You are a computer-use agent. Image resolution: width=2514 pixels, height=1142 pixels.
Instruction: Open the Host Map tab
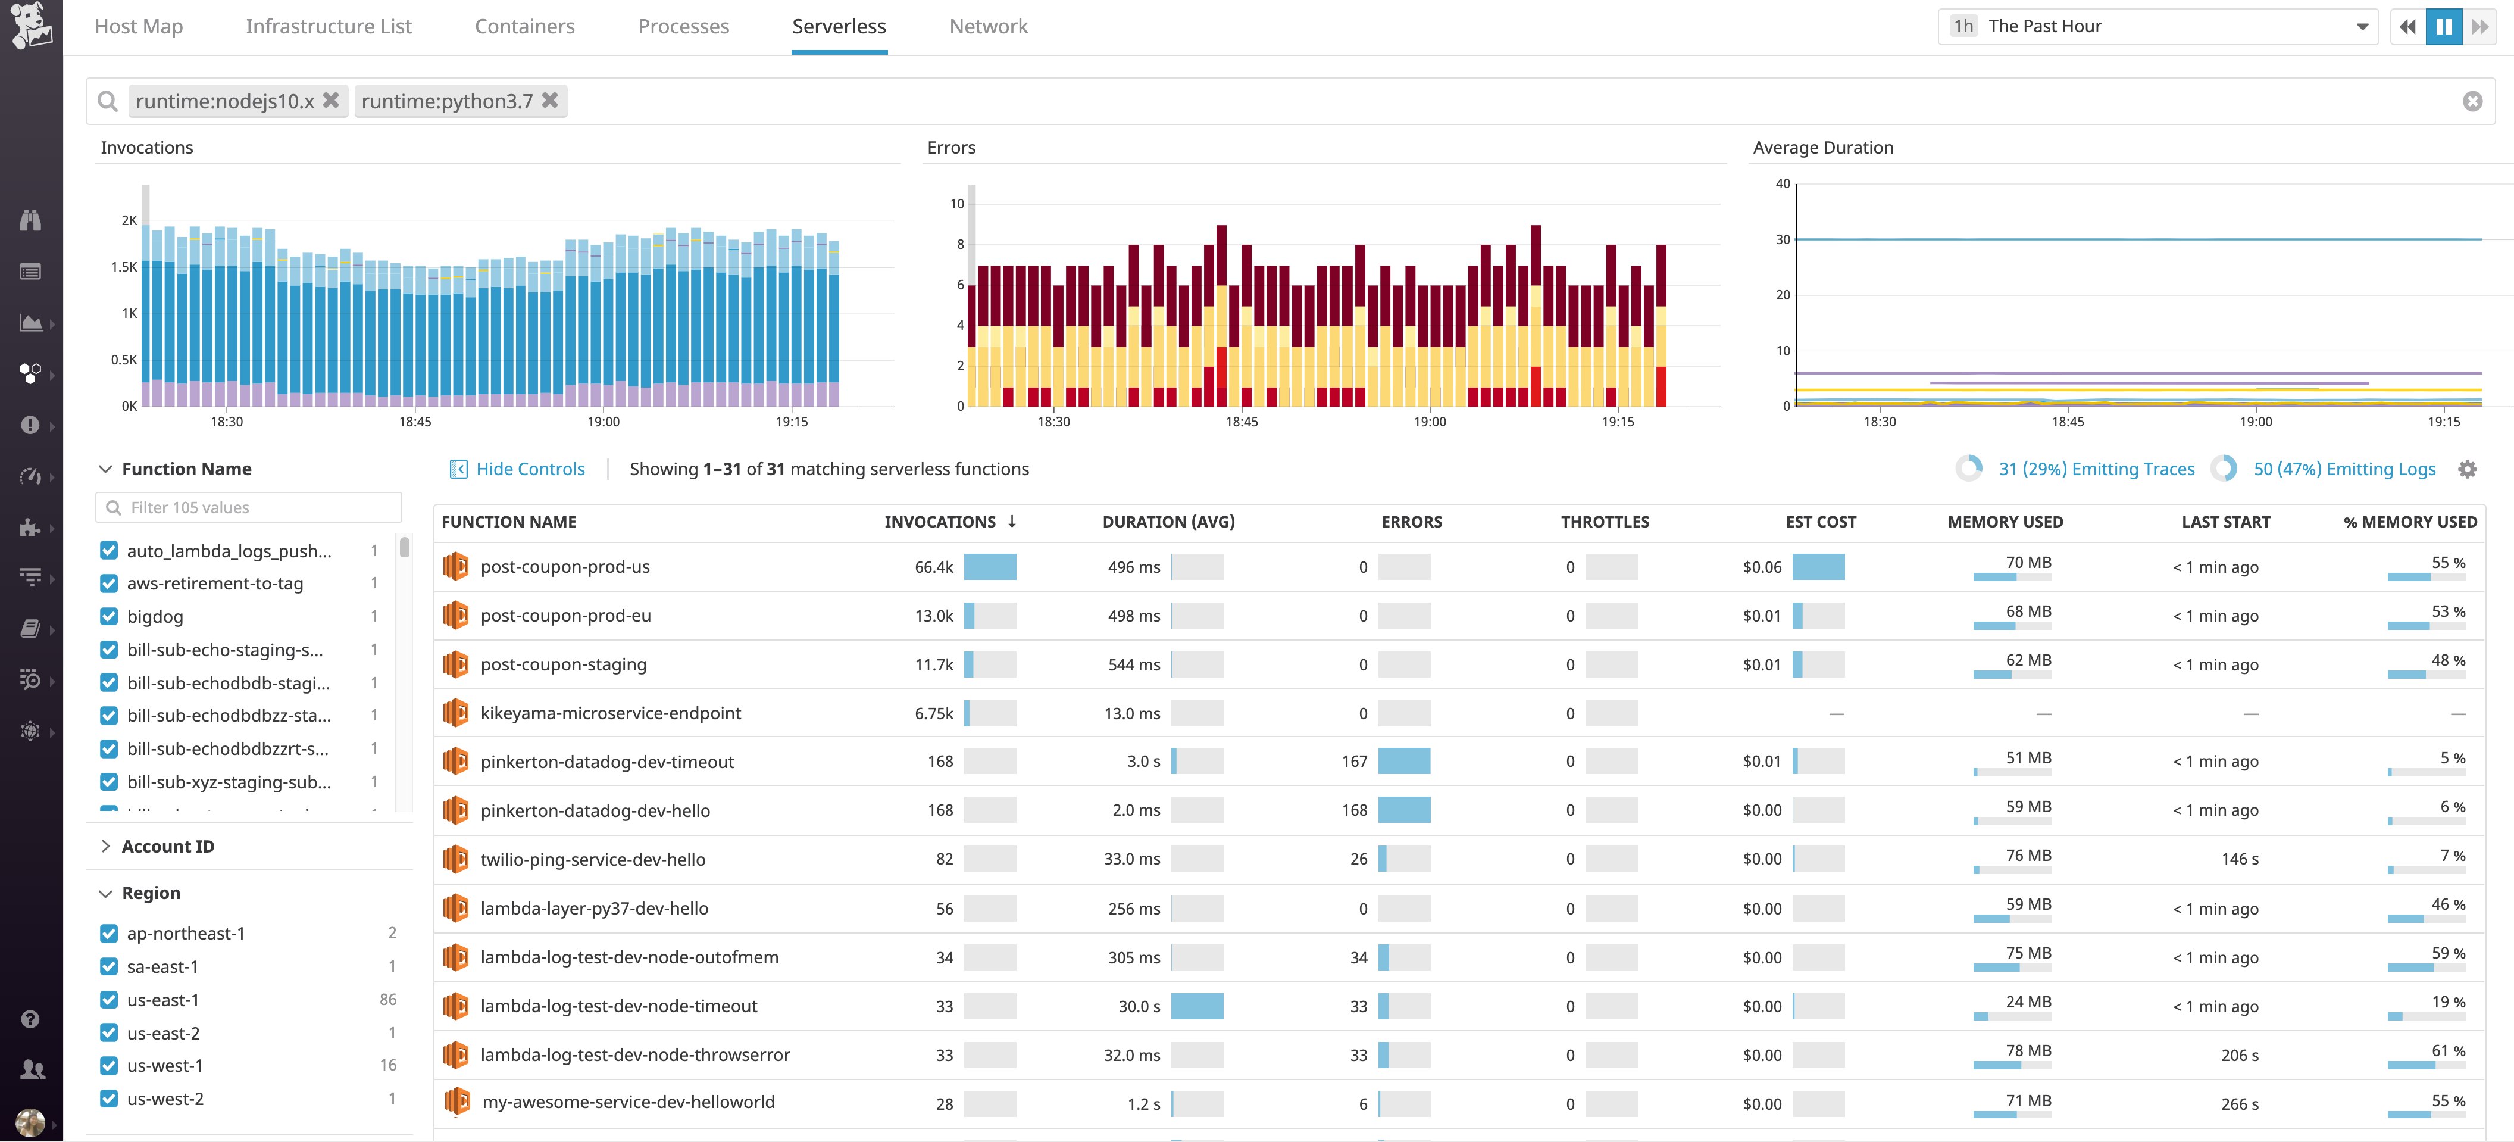coord(139,26)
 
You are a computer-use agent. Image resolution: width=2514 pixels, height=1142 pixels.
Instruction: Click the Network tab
coord(987,26)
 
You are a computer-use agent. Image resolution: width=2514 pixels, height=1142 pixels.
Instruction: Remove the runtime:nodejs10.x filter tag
coord(331,101)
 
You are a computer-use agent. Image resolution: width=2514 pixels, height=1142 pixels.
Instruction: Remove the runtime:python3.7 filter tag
coord(551,101)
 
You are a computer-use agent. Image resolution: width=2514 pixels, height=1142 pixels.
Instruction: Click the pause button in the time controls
coord(2444,26)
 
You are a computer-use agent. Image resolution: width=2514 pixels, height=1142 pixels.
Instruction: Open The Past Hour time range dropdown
coord(2157,26)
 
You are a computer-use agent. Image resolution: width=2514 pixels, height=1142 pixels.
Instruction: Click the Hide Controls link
coord(529,470)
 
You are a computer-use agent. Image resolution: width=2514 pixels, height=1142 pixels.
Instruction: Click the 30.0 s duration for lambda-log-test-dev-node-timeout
coord(1139,1006)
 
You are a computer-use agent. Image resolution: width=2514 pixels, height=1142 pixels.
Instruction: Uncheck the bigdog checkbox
coord(110,617)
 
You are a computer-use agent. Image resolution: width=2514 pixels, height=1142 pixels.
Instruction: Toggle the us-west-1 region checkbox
coord(110,1066)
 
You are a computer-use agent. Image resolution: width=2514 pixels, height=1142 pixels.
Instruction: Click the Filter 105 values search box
coord(249,507)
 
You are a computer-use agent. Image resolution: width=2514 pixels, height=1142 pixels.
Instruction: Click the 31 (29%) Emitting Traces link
coord(2096,470)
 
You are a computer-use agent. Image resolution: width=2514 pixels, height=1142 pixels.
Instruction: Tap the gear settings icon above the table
coord(2467,470)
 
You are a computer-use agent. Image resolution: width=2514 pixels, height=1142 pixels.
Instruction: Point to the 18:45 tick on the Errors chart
coord(1242,422)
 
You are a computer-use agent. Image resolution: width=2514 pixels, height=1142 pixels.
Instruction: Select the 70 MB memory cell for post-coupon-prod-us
coord(2027,563)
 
